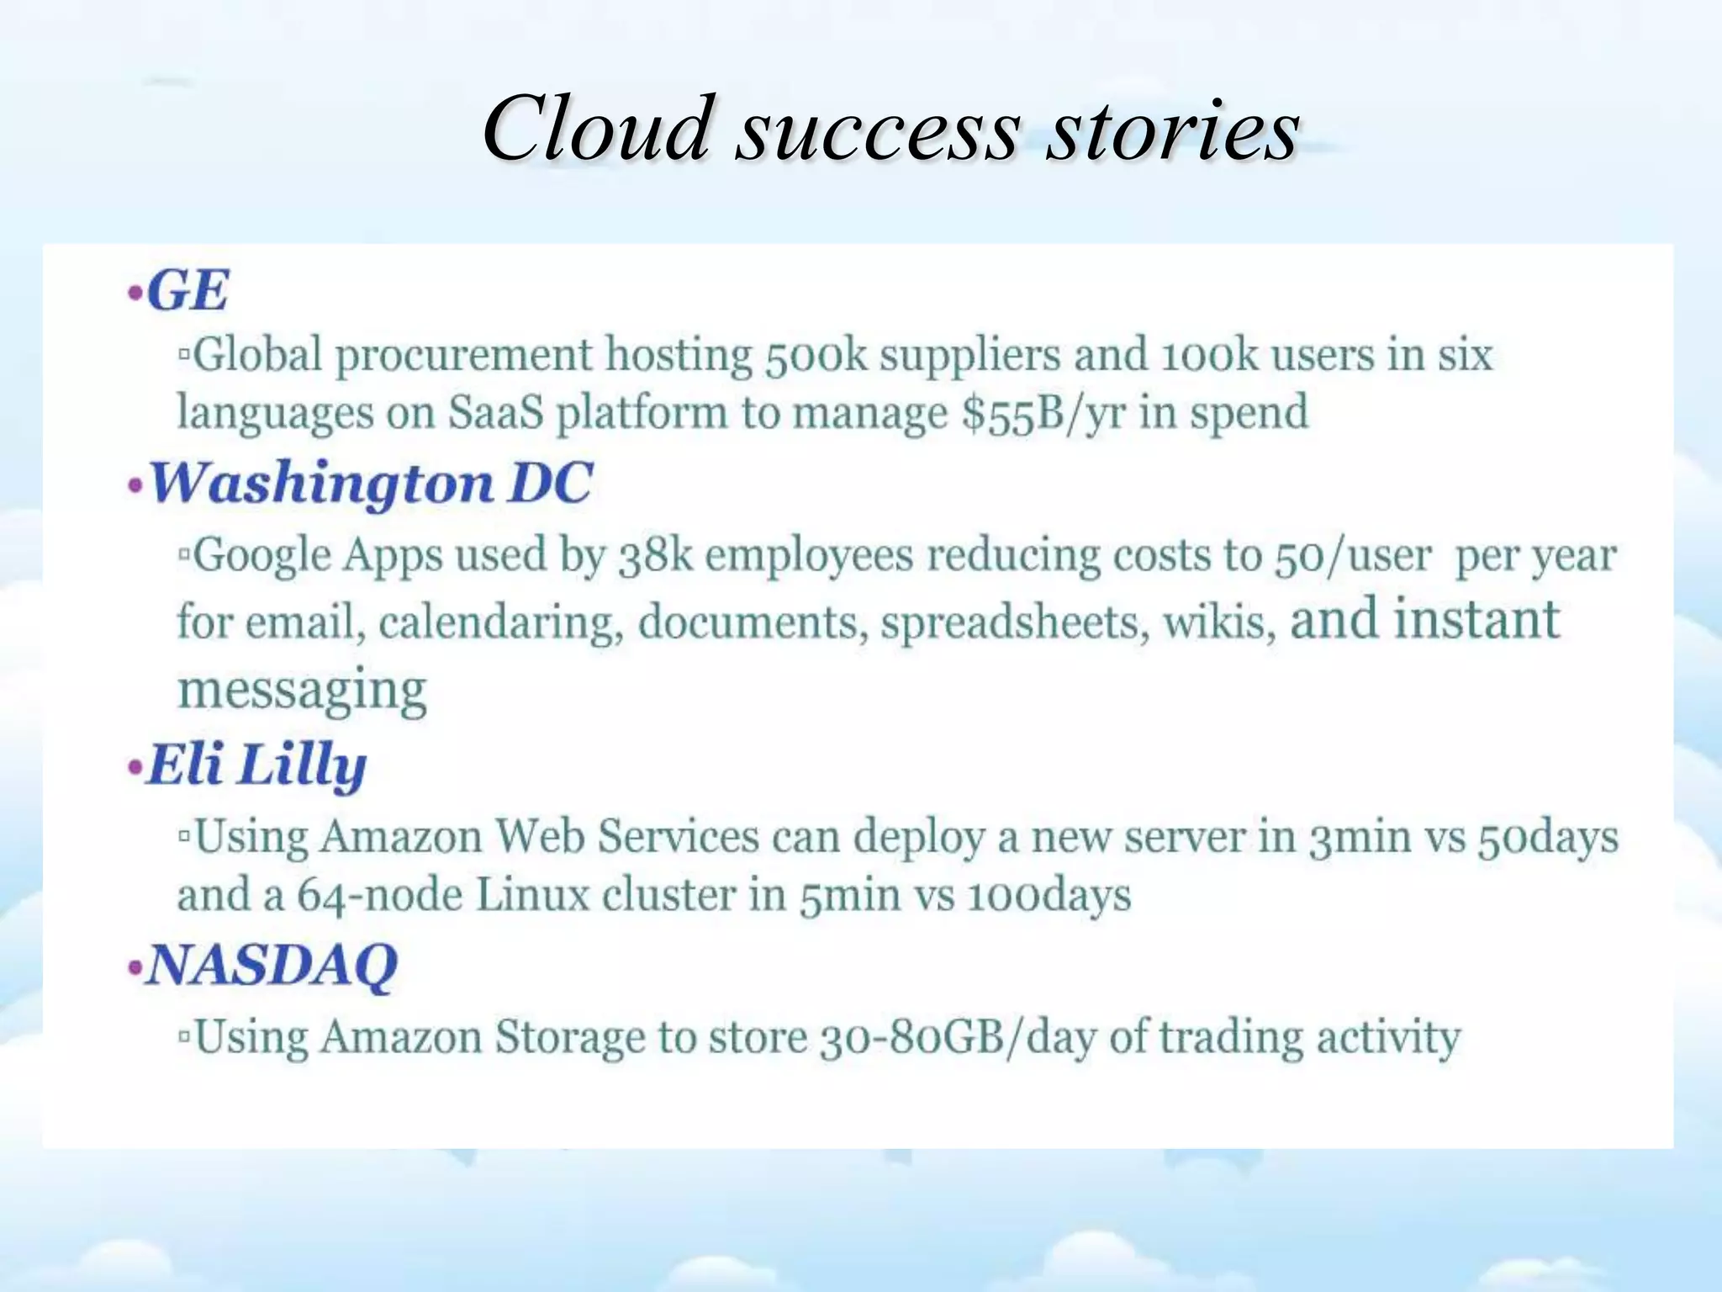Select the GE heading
187,292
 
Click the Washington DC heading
370,484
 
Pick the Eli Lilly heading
256,765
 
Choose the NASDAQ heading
271,965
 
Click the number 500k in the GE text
815,355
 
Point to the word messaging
302,690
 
